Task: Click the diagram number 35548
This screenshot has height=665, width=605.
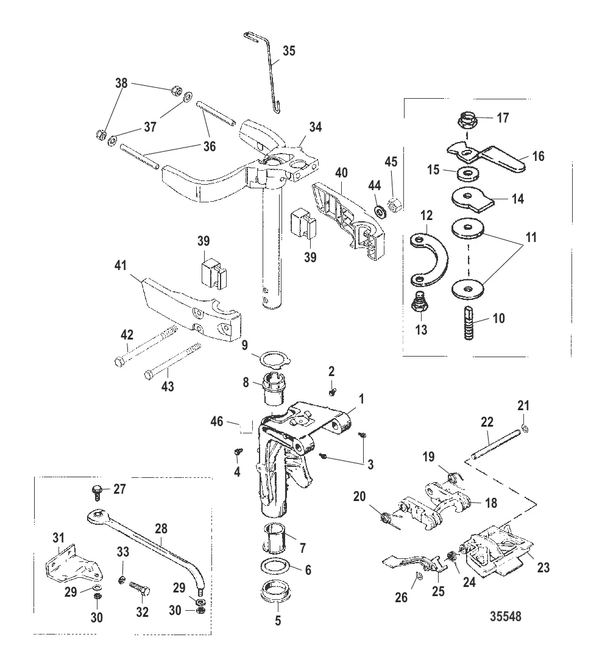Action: pyautogui.click(x=505, y=616)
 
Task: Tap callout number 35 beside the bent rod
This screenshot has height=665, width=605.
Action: pyautogui.click(x=289, y=51)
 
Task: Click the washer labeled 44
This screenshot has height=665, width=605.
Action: pyautogui.click(x=380, y=211)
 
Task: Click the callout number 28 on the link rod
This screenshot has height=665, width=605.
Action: pyautogui.click(x=161, y=529)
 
